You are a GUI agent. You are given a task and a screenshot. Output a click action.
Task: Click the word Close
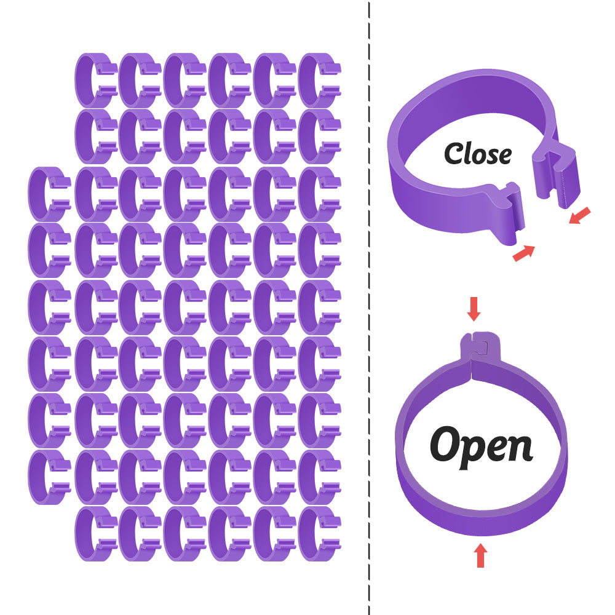[x=478, y=154]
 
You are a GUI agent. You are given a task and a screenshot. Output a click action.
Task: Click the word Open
[x=481, y=446]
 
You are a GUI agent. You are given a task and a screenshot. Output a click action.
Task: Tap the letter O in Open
[x=446, y=443]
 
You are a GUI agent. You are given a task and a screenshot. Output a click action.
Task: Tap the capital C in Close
[x=454, y=154]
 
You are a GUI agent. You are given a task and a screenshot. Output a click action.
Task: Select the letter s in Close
[x=490, y=156]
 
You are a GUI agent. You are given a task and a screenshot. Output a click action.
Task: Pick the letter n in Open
[x=520, y=448]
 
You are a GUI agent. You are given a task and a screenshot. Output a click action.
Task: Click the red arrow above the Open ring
[x=473, y=309]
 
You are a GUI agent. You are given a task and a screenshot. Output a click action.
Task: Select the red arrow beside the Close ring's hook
[x=579, y=215]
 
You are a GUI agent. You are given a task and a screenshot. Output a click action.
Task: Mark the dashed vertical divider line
[x=369, y=307]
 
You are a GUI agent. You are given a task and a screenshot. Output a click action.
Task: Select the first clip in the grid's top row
[x=95, y=80]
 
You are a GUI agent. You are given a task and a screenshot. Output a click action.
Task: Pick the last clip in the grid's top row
[x=319, y=80]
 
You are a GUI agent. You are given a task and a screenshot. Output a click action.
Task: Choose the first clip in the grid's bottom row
[x=95, y=534]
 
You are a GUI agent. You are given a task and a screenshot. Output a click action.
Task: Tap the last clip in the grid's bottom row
[x=319, y=534]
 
